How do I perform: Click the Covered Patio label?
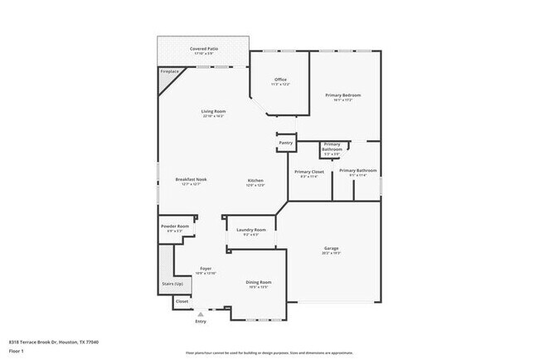202,49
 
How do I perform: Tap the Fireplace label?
168,72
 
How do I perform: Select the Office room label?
280,80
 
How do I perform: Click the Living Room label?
213,111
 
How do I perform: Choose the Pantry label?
285,143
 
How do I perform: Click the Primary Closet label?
308,172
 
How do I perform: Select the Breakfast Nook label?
190,180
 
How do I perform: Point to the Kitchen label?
255,181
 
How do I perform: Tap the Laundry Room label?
250,230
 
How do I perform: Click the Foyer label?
205,269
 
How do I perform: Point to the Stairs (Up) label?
172,283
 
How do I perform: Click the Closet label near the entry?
182,301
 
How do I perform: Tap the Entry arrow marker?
200,314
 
